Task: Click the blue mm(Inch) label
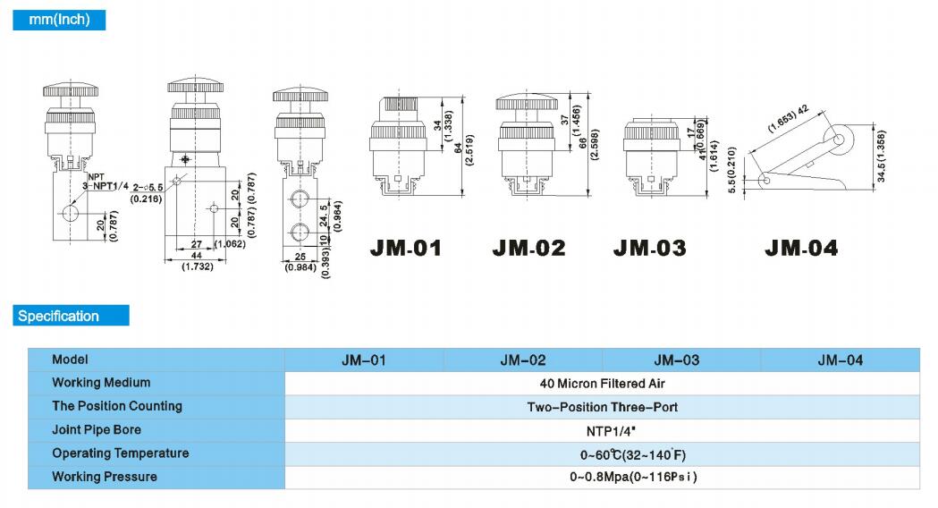tap(59, 20)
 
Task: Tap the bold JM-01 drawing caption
tap(406, 248)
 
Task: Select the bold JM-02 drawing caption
tap(528, 248)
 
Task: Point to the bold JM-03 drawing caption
tap(650, 248)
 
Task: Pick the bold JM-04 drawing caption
tap(801, 248)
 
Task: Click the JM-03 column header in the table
tap(677, 360)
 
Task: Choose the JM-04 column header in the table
tap(841, 360)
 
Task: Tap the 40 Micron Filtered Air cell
tap(603, 384)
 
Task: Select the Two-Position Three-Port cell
tap(603, 407)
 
